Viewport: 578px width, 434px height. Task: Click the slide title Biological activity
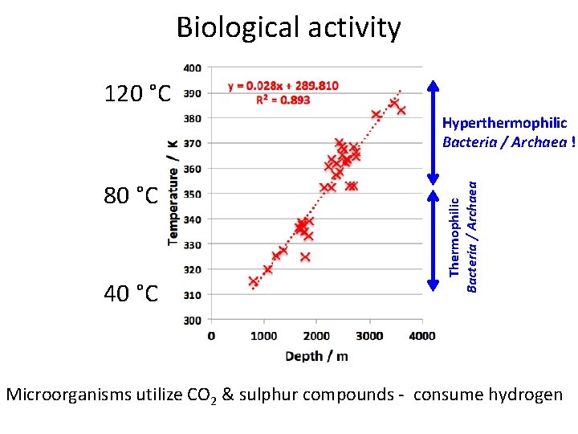coord(288,28)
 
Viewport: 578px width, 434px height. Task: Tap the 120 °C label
coord(137,94)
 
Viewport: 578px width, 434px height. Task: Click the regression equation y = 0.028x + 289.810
coord(283,85)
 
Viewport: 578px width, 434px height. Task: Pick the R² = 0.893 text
coord(283,100)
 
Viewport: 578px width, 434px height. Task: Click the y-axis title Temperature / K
coord(173,189)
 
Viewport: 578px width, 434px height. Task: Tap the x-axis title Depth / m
coord(316,355)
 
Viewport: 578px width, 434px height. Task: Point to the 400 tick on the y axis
coord(193,68)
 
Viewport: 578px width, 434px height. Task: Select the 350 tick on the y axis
coord(193,194)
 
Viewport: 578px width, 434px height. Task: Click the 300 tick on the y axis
coord(193,320)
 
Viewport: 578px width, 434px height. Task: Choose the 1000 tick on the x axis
coord(264,335)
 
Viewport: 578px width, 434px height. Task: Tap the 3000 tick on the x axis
coord(370,335)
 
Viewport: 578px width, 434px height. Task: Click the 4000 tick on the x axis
coord(422,335)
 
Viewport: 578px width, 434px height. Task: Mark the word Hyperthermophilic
coord(504,123)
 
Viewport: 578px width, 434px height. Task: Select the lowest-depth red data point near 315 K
coord(254,281)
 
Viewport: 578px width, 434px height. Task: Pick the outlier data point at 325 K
coord(305,257)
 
